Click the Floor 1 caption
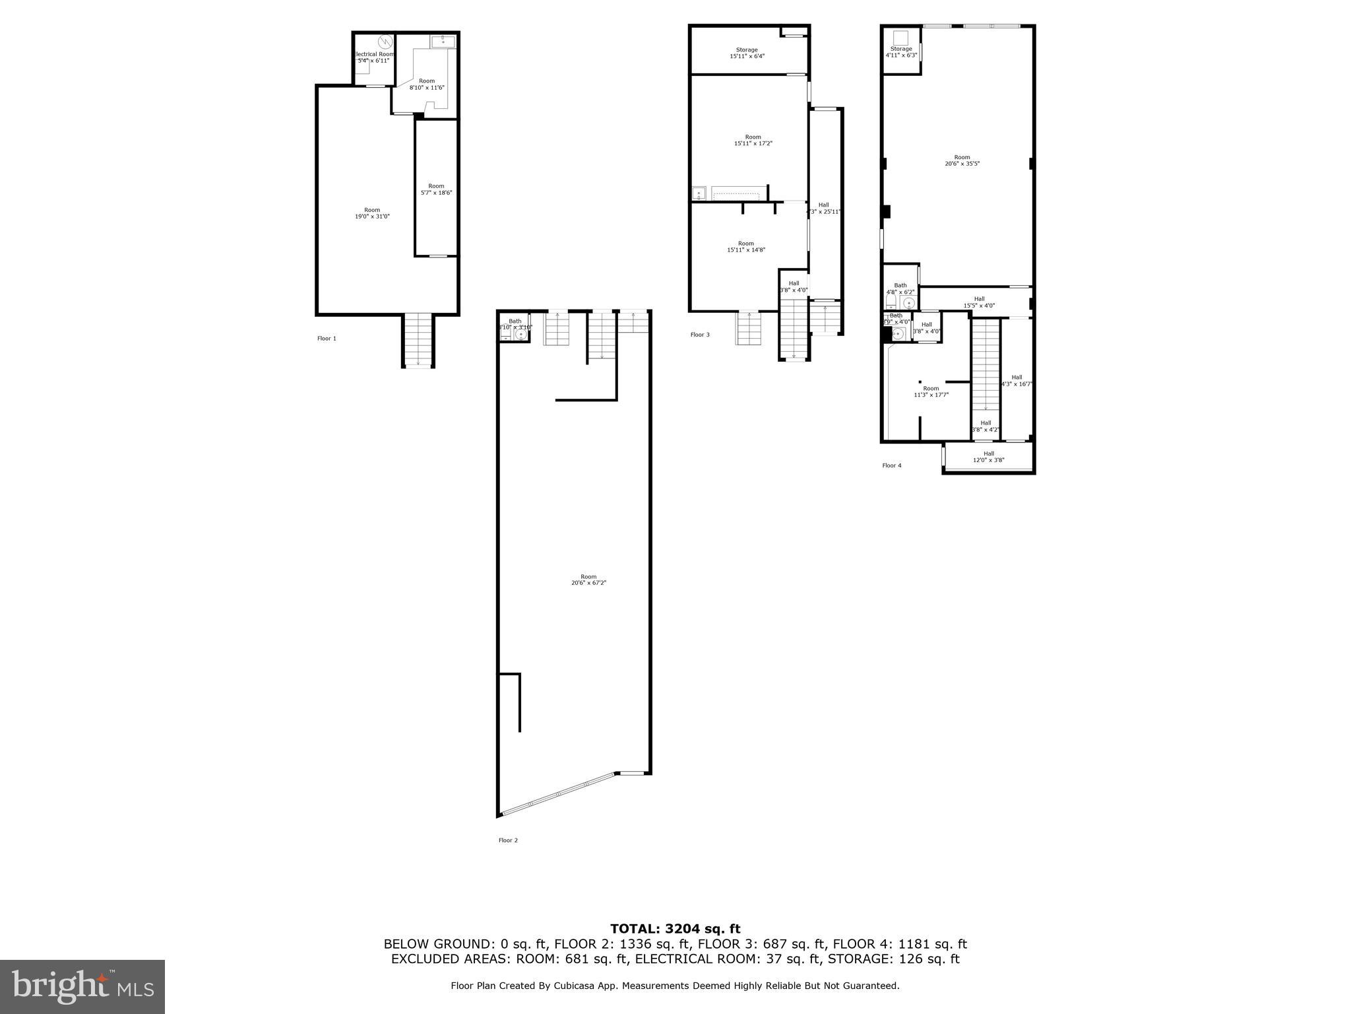(x=327, y=339)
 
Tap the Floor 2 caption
(x=508, y=840)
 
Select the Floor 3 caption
(x=700, y=335)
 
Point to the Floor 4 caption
(x=892, y=465)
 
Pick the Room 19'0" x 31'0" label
(x=372, y=213)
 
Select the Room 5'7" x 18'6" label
(x=436, y=189)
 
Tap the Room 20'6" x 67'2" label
(x=588, y=580)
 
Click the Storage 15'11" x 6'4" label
(x=747, y=53)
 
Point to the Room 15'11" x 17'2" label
(x=753, y=140)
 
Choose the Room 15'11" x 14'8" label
(x=745, y=247)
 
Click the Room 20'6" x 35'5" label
(x=962, y=160)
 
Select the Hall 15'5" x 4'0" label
(x=979, y=302)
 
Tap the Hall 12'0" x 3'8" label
(x=988, y=457)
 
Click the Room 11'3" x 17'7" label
(x=930, y=392)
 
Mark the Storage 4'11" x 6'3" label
(x=900, y=51)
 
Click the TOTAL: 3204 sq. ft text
(x=675, y=929)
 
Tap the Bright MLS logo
(x=82, y=986)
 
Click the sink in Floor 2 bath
(x=520, y=335)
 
